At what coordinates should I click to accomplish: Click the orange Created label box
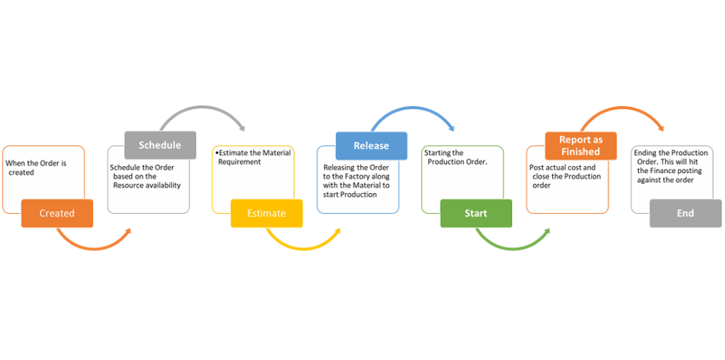(57, 213)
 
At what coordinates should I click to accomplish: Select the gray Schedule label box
(160, 145)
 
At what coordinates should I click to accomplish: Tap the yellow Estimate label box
(266, 213)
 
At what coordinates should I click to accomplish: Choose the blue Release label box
(371, 145)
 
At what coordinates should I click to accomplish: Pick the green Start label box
(476, 213)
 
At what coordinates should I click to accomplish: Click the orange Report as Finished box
(580, 145)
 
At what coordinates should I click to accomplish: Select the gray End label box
(685, 213)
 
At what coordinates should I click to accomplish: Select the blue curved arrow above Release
(412, 112)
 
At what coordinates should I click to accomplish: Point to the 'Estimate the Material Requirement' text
(248, 157)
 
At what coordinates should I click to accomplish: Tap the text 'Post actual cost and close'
(563, 172)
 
